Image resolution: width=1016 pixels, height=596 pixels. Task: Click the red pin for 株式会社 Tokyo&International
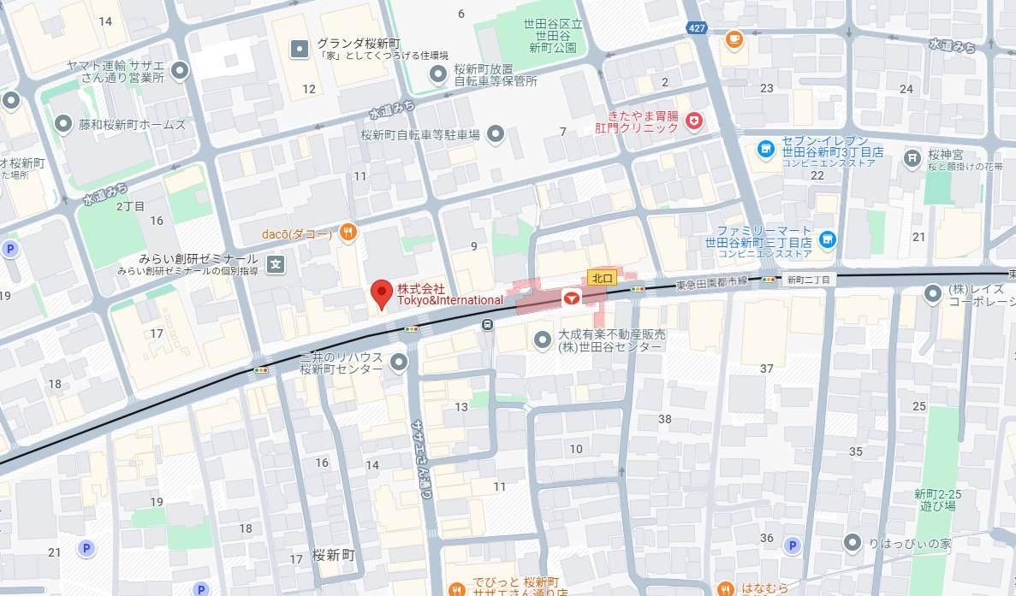click(x=382, y=293)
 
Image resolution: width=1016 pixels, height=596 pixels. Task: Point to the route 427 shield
click(x=698, y=28)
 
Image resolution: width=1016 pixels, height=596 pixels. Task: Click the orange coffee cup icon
click(x=734, y=38)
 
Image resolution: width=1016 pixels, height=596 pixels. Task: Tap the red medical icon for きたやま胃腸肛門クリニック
click(x=694, y=121)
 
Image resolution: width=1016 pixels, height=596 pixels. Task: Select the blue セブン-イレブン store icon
click(x=765, y=151)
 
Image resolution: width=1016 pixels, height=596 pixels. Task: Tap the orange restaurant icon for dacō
click(x=348, y=231)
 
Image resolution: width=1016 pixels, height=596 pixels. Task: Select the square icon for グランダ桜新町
click(x=299, y=50)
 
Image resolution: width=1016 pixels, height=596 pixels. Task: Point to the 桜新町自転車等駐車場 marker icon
click(x=496, y=133)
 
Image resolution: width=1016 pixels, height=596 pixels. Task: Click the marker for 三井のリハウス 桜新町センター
click(x=398, y=363)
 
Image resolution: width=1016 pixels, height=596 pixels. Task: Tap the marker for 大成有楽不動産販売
click(x=542, y=340)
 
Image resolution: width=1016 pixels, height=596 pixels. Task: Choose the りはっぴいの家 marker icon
click(x=852, y=542)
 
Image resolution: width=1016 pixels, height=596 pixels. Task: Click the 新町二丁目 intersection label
click(x=810, y=280)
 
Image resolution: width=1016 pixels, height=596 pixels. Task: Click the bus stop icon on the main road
click(x=487, y=324)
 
